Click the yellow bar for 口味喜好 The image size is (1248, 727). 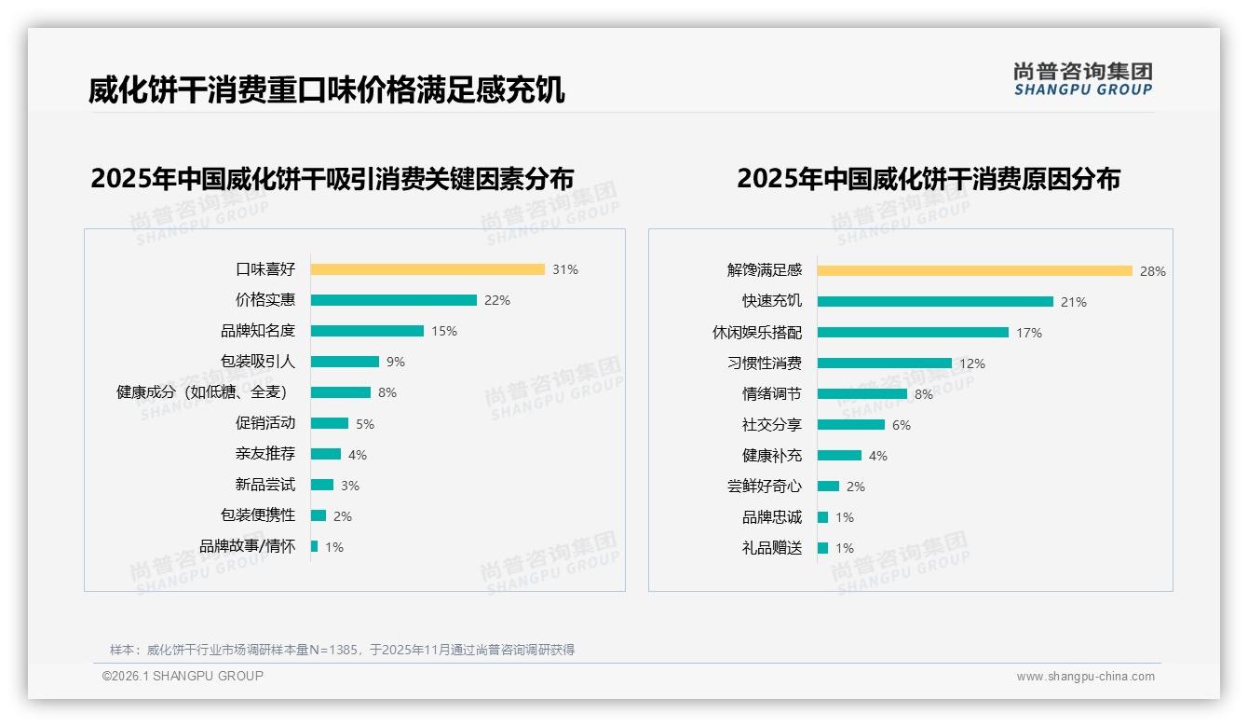coord(427,269)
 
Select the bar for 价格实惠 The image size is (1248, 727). coord(393,300)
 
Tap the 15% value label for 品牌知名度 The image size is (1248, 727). coord(444,331)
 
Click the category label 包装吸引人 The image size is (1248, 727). coord(258,362)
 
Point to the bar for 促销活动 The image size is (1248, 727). coord(329,423)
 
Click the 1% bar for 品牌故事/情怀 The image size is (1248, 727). coord(314,546)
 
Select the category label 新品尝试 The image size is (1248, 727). coord(265,485)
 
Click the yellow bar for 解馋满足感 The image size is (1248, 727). coord(974,270)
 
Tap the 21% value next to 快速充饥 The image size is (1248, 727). coord(1074,302)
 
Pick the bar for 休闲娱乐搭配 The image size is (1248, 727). coord(913,332)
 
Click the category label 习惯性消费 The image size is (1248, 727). coord(765,363)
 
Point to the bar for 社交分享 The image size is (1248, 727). coord(850,424)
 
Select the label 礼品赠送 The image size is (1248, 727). coord(772,548)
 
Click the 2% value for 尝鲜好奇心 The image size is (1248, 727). coord(855,487)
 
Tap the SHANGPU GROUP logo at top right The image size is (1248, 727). coord(1082,78)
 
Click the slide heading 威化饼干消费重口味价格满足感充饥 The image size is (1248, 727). coord(327,90)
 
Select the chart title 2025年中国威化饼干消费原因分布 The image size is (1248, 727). coord(928,178)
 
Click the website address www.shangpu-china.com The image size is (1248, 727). coord(1085,677)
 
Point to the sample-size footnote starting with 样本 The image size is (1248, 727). coord(342,650)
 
